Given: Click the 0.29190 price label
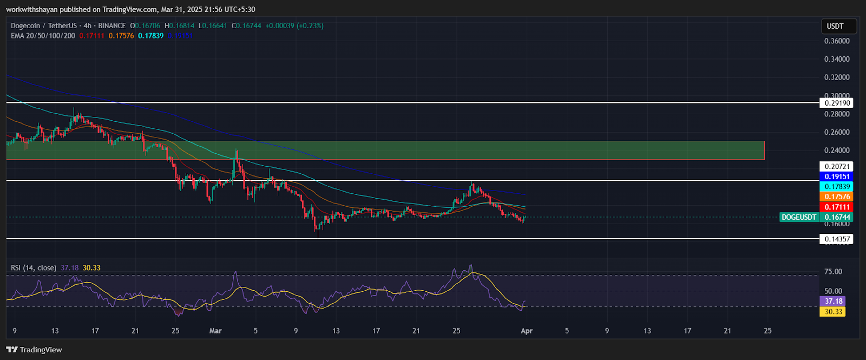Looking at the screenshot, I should click(x=837, y=103).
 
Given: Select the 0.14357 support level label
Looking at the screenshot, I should click(x=837, y=239).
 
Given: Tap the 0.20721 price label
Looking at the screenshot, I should click(x=837, y=167).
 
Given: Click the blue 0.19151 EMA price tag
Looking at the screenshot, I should click(x=837, y=176).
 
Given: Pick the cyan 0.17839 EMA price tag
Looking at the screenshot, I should click(x=837, y=187).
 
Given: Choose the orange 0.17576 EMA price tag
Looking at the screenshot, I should click(x=837, y=197).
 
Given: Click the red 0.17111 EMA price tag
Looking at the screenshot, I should click(x=837, y=207).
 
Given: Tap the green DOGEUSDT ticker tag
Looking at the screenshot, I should click(x=799, y=217).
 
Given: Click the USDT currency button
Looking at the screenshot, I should click(x=835, y=26).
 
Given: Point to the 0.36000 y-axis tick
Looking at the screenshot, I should click(x=837, y=41).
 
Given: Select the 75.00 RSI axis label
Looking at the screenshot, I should click(x=833, y=272).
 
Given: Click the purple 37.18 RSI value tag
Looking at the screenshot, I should click(x=834, y=301).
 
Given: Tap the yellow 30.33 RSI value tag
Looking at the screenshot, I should click(x=834, y=311).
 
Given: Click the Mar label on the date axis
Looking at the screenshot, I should click(x=215, y=331).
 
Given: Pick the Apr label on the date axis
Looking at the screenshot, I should click(x=527, y=331).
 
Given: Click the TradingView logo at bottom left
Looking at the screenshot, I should click(x=34, y=350).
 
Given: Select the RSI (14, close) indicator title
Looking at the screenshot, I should click(x=34, y=268).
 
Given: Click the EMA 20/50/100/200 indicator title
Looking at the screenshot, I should click(x=43, y=36).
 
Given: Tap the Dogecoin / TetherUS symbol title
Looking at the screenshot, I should click(x=44, y=25).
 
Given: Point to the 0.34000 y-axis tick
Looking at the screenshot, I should click(x=837, y=59).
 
